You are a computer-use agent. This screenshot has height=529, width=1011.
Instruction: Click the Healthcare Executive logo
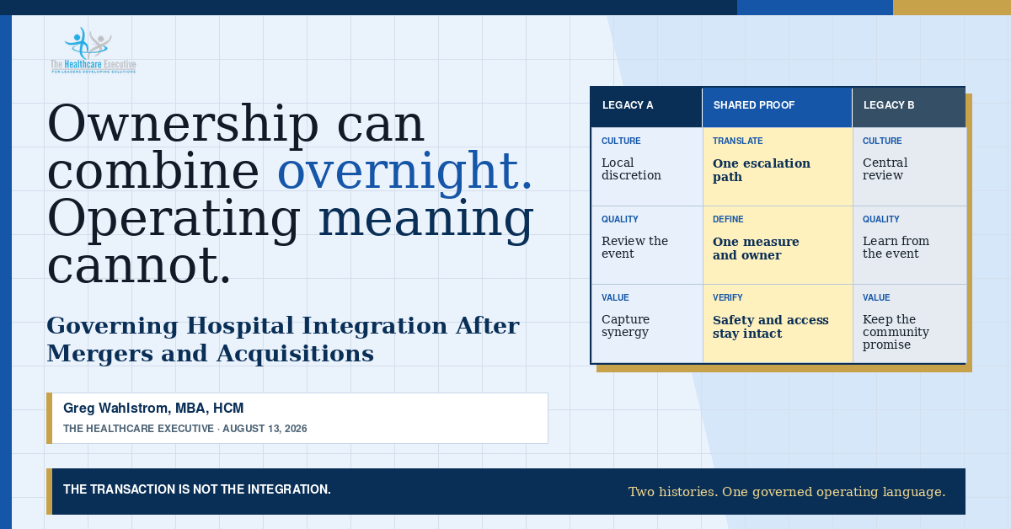(94, 50)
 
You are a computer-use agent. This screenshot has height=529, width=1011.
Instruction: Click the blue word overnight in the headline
(404, 171)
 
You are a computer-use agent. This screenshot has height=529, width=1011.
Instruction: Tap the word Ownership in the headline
(183, 125)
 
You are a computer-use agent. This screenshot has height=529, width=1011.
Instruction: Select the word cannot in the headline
(139, 266)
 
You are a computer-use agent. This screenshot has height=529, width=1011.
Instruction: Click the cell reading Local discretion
(647, 167)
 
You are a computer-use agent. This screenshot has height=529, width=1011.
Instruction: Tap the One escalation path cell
(778, 167)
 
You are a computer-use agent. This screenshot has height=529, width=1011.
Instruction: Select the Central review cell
(909, 167)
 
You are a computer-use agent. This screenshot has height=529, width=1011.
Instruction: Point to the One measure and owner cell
(778, 245)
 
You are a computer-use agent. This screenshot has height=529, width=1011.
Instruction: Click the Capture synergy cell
(647, 323)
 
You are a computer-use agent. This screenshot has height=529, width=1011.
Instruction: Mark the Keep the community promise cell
(909, 323)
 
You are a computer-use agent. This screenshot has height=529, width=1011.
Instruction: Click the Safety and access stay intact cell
(778, 323)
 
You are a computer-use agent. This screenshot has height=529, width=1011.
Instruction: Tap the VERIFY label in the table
(728, 298)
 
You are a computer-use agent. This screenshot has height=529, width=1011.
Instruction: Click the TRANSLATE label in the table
(737, 141)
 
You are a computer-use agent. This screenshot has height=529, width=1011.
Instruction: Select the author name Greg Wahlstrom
(116, 408)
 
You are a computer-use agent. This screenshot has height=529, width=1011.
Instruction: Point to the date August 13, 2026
(265, 429)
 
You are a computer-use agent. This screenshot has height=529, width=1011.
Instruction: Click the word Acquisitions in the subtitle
(295, 354)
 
